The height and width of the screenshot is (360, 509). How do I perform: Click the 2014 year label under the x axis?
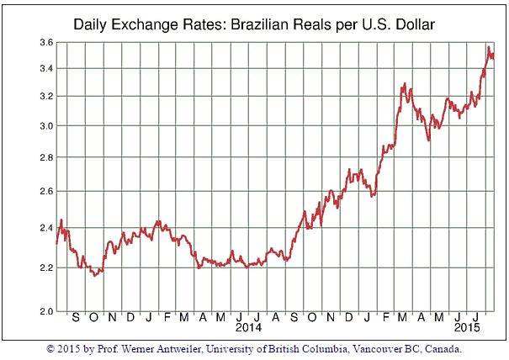click(250, 326)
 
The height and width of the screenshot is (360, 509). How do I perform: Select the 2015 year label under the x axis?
click(468, 326)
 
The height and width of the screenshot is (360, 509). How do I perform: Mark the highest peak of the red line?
click(489, 47)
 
